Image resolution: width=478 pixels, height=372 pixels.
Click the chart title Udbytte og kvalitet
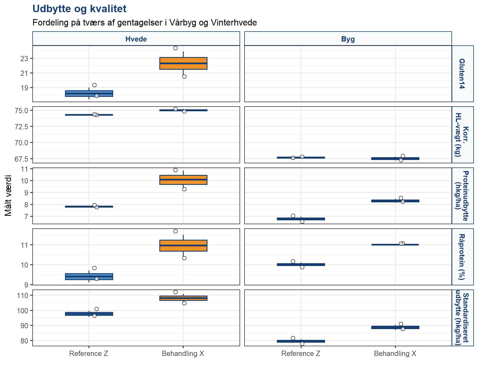(x=79, y=9)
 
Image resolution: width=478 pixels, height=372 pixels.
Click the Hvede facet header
(x=136, y=39)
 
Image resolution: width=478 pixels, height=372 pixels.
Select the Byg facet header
(x=348, y=39)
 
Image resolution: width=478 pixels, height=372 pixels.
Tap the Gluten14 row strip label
(x=462, y=74)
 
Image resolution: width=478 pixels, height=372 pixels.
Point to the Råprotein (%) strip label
(x=462, y=257)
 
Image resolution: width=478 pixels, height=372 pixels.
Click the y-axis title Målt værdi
(x=8, y=195)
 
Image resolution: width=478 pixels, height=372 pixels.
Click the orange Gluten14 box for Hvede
(x=183, y=63)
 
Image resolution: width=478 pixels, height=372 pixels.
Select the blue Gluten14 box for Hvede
(x=89, y=94)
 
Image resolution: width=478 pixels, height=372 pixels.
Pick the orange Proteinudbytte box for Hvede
(x=183, y=180)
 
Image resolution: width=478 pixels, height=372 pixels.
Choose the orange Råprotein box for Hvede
(x=183, y=246)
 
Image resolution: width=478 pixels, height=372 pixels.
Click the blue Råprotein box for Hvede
(x=89, y=277)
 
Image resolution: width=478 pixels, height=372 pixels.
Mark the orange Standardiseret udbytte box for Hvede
(x=183, y=298)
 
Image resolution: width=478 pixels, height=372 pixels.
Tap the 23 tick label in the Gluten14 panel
(x=24, y=59)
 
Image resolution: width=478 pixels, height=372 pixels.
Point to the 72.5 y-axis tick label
(x=22, y=127)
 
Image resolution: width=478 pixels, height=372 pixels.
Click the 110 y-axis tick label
(x=23, y=296)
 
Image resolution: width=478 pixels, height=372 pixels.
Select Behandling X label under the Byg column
(x=395, y=353)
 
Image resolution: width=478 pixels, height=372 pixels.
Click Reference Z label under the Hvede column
(x=89, y=353)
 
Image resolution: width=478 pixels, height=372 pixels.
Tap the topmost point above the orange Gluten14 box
(x=175, y=48)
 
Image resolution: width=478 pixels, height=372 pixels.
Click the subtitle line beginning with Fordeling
(x=145, y=22)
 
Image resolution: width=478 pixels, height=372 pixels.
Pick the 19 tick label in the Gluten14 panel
(x=24, y=88)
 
